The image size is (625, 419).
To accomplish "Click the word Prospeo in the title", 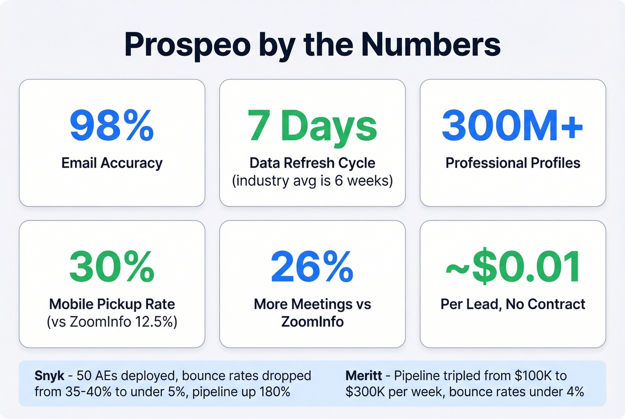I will [x=187, y=45].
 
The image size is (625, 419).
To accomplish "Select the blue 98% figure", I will [x=112, y=126].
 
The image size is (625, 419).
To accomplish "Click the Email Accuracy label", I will [x=112, y=163].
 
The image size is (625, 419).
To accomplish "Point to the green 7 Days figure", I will [x=312, y=126].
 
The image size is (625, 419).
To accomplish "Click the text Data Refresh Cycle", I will [x=312, y=163].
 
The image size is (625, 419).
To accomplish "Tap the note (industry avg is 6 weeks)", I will [x=312, y=181].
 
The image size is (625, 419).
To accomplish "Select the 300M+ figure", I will [x=512, y=126].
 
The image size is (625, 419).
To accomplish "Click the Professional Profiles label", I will [x=512, y=163].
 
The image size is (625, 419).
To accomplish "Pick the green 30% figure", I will [x=112, y=267].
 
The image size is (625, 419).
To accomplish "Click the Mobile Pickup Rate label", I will [x=112, y=304].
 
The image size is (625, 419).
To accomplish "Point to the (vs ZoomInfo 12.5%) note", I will [x=112, y=322].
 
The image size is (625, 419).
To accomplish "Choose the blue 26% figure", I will [x=312, y=267].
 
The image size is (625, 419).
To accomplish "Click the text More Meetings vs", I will [x=312, y=304].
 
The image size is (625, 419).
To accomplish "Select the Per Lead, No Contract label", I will [x=512, y=304].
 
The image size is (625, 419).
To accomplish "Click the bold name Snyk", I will [x=49, y=376].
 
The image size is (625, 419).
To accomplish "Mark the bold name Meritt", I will [x=363, y=376].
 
